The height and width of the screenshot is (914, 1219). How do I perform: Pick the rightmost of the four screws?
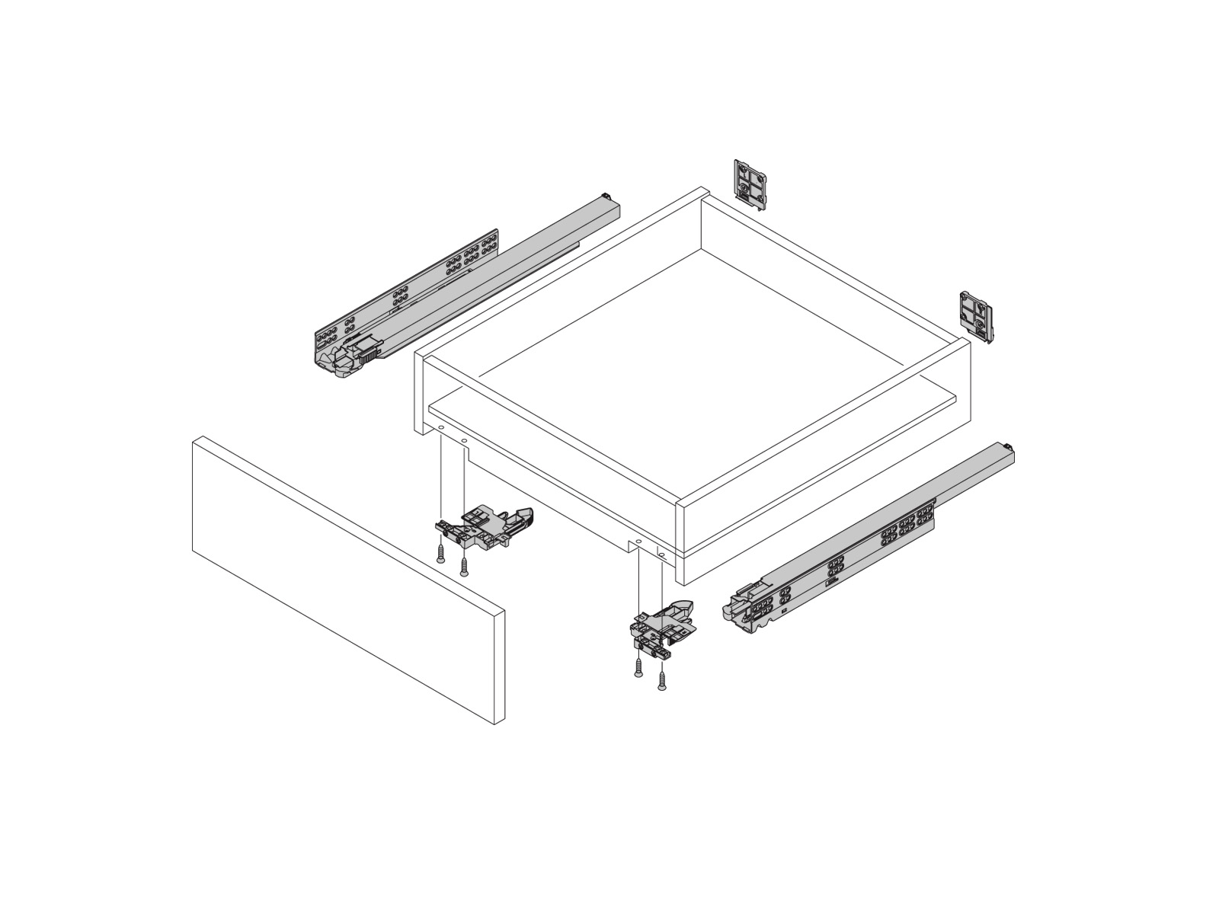661,681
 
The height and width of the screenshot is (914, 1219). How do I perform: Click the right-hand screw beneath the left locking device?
464,565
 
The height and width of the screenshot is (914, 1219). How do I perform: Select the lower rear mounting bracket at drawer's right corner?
977,315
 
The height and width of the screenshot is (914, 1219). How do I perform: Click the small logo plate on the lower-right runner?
831,583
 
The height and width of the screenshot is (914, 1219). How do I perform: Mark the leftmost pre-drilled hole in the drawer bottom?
441,430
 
